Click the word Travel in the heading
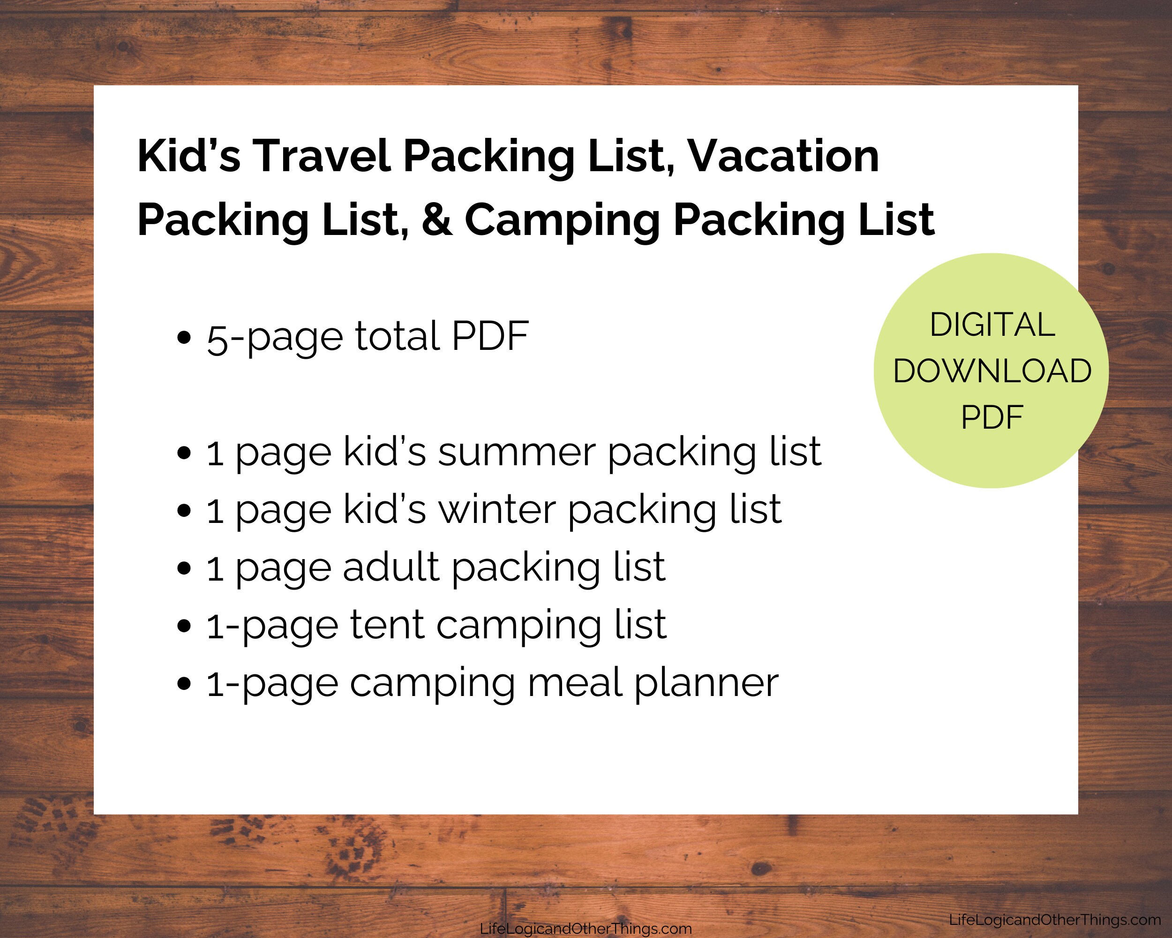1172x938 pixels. click(321, 157)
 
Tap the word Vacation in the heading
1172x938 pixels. click(783, 157)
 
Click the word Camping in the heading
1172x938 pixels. click(562, 220)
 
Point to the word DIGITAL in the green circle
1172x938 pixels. click(992, 325)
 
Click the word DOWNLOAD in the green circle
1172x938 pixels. click(992, 371)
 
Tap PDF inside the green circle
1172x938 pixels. click(992, 417)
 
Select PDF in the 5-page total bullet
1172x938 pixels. click(490, 336)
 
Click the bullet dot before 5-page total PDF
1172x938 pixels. click(184, 337)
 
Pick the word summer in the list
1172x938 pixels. click(517, 453)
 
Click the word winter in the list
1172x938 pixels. click(497, 510)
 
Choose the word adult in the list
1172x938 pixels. click(391, 567)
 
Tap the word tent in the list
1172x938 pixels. click(386, 625)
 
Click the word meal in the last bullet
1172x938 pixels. click(575, 683)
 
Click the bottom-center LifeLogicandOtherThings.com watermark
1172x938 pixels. click(586, 929)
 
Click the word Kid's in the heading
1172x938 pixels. click(188, 157)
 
